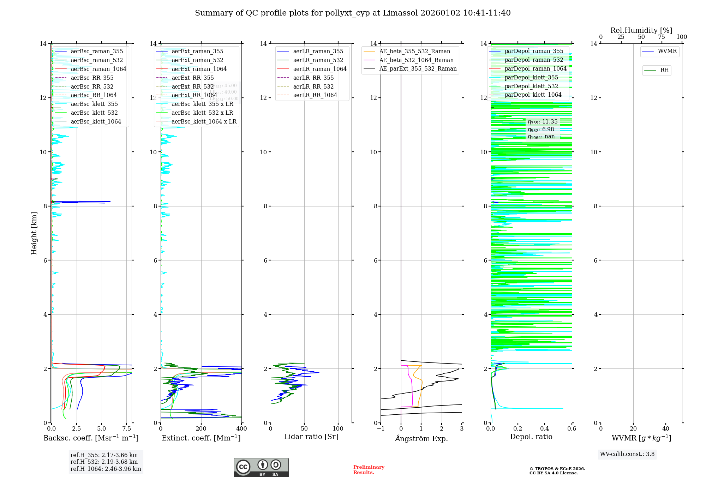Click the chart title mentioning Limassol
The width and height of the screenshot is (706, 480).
(x=353, y=13)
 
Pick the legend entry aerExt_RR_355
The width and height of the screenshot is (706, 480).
(x=192, y=78)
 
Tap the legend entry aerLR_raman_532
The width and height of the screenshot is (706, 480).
(x=318, y=60)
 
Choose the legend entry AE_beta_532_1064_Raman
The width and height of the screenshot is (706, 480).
(x=416, y=60)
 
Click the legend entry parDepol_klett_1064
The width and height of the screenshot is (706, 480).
(x=533, y=95)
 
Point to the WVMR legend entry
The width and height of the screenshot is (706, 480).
(x=667, y=51)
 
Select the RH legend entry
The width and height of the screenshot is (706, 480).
(x=664, y=70)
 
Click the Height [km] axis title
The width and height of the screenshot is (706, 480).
(x=34, y=233)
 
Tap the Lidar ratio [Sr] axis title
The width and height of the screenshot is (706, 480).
(x=311, y=437)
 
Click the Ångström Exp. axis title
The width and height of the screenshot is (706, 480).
(x=421, y=438)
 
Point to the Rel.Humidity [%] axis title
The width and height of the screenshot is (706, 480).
(x=641, y=30)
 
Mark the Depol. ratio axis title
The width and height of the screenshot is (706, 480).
(x=531, y=437)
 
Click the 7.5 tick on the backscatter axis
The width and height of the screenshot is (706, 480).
(x=127, y=429)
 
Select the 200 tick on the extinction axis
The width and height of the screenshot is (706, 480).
(x=201, y=429)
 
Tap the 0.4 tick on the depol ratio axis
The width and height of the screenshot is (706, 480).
(x=545, y=429)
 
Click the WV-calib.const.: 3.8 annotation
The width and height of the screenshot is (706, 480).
(x=627, y=454)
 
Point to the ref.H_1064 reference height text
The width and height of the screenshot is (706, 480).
(x=106, y=469)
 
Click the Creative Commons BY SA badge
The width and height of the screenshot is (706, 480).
(x=261, y=468)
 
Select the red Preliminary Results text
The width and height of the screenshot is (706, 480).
(x=369, y=470)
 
